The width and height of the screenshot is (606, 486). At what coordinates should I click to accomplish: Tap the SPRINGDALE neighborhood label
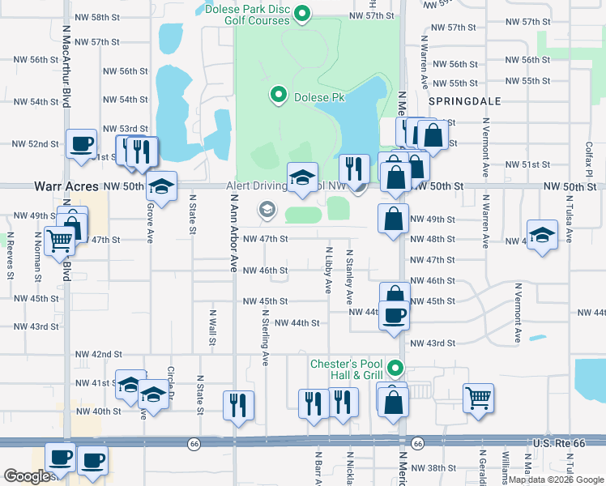[464, 101]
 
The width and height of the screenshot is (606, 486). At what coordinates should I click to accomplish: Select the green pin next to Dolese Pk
[279, 96]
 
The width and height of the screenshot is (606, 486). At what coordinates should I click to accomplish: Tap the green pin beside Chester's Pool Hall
[395, 369]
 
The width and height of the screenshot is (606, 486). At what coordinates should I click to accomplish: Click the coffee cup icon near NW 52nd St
[81, 144]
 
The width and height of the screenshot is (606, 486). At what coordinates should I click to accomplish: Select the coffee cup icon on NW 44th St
[395, 314]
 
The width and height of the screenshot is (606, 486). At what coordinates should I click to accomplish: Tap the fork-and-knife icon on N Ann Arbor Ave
[238, 403]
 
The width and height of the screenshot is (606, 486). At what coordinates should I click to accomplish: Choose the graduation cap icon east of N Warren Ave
[542, 234]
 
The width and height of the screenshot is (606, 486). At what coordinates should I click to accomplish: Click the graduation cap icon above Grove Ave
[161, 188]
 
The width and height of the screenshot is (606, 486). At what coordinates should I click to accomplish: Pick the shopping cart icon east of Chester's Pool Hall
[478, 397]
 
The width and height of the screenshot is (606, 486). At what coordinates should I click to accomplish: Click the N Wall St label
[212, 327]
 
